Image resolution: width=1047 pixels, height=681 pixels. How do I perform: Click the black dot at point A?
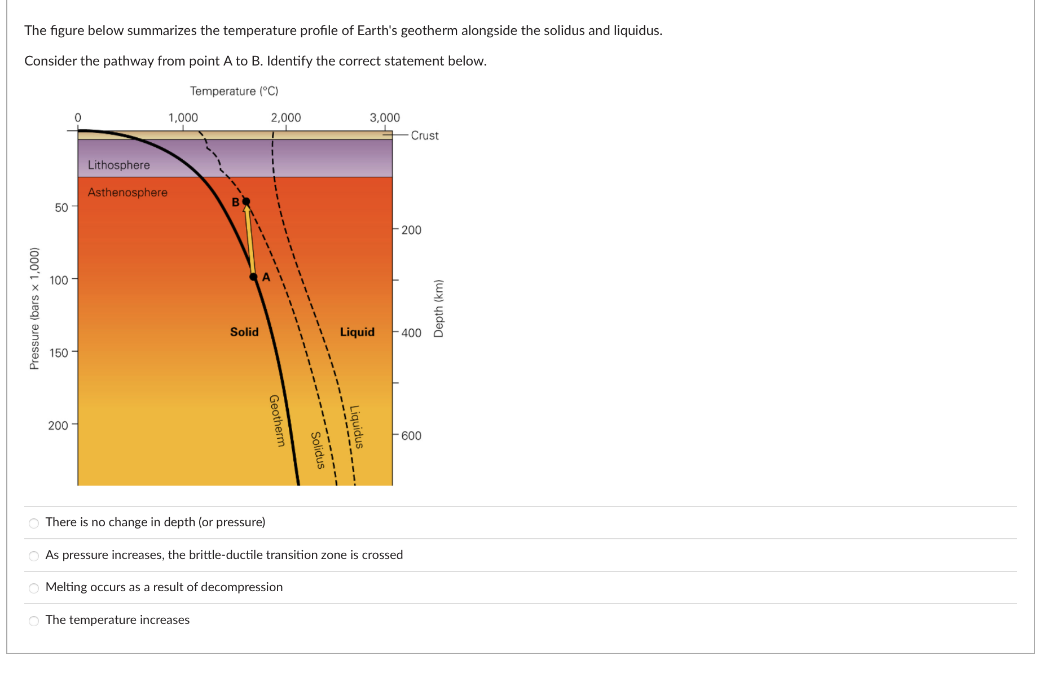point(254,277)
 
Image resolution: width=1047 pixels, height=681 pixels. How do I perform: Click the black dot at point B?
point(246,202)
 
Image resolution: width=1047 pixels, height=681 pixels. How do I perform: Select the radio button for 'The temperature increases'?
point(34,621)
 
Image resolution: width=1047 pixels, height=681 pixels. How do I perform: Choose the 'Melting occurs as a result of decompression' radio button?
point(34,588)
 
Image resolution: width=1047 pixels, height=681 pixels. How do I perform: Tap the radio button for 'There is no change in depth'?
point(34,523)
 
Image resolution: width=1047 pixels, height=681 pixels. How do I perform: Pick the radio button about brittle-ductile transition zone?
point(34,556)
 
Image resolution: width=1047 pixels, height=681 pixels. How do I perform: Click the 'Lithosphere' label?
point(118,165)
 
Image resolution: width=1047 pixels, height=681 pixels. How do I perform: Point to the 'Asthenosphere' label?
point(127,192)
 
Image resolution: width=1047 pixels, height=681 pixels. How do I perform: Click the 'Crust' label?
point(424,136)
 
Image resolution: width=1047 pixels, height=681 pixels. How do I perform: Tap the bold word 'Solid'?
point(244,331)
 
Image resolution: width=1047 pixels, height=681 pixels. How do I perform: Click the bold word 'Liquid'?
point(357,331)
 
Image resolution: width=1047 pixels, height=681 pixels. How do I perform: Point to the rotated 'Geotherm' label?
point(276,421)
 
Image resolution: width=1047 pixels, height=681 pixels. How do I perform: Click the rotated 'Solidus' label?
point(318,450)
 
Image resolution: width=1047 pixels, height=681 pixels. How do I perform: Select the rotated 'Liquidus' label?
point(357,427)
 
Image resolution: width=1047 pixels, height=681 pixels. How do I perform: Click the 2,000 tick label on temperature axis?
point(285,117)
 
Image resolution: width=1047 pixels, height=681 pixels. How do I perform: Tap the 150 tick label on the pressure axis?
point(59,353)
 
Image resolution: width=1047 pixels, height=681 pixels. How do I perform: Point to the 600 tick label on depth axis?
point(411,435)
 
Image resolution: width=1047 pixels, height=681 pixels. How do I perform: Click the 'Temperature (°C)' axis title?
point(234,91)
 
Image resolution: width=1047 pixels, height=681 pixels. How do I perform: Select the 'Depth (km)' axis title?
point(438,308)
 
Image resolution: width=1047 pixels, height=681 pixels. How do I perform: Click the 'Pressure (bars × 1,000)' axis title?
point(34,308)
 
